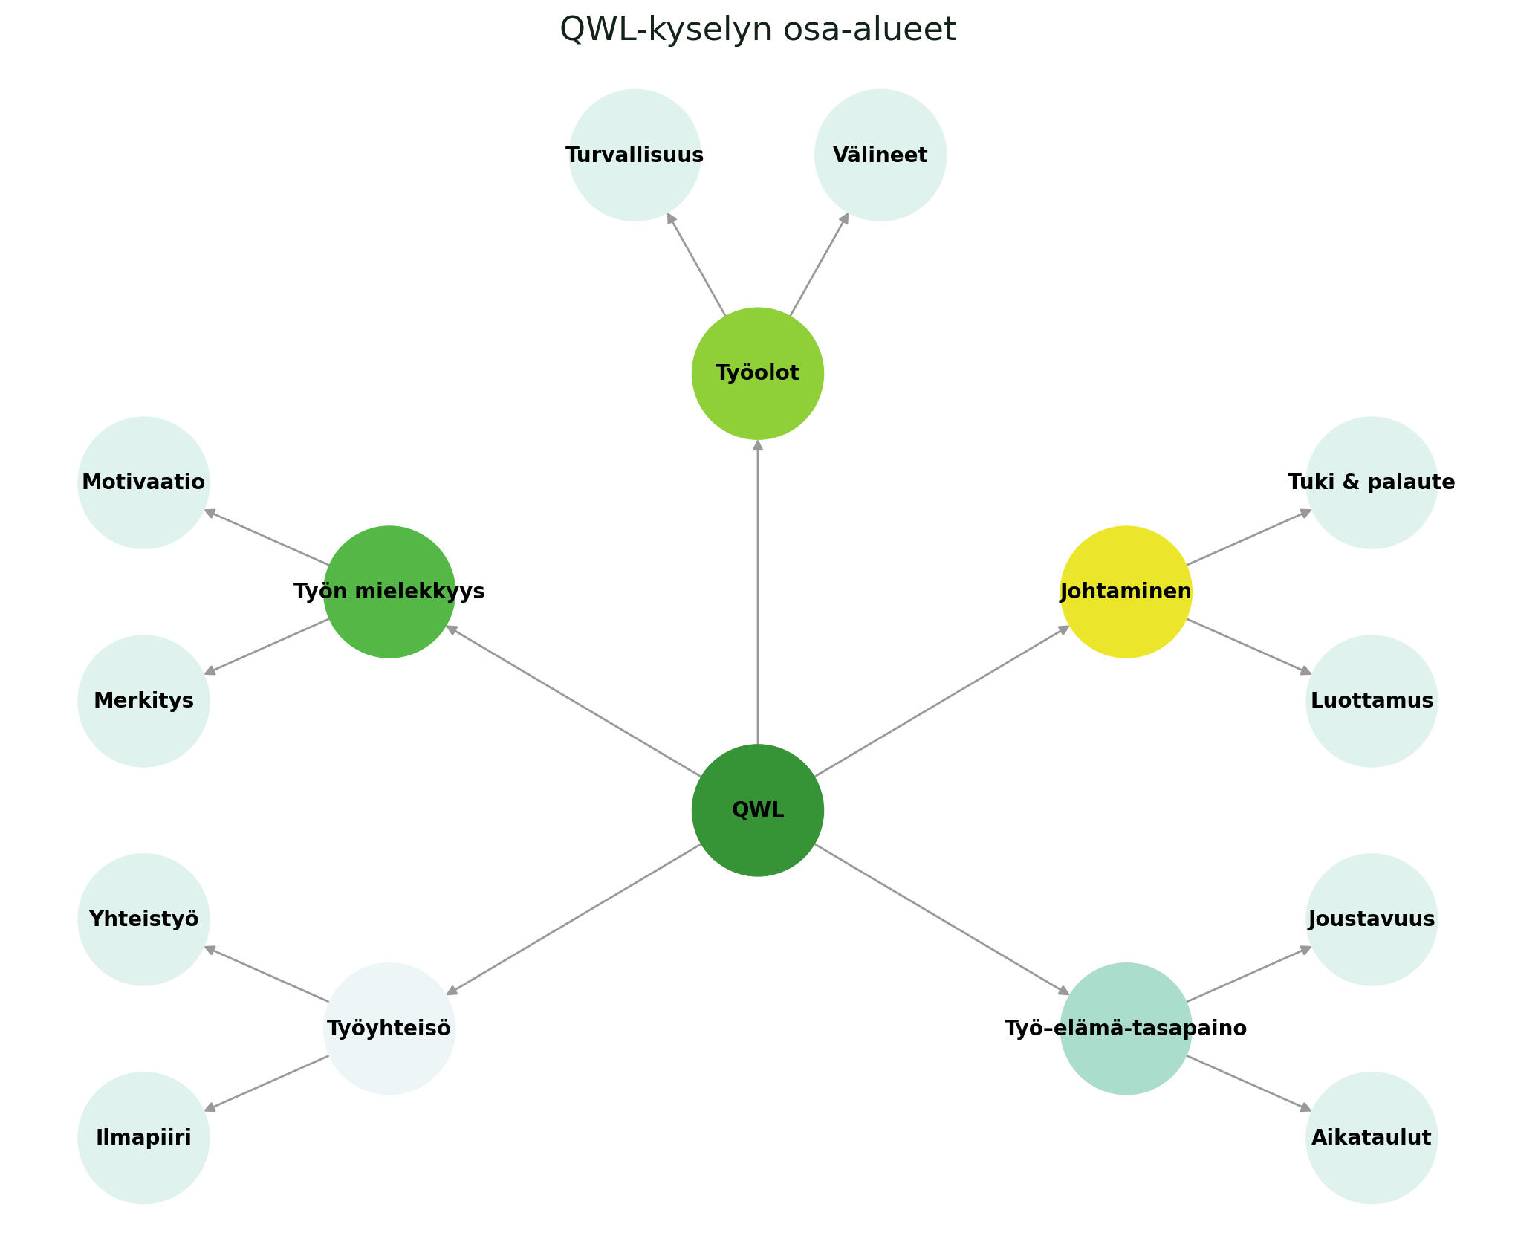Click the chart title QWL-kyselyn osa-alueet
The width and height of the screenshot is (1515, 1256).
(x=757, y=30)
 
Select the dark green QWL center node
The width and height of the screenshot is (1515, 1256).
(x=757, y=810)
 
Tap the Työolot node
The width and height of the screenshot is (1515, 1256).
(x=757, y=373)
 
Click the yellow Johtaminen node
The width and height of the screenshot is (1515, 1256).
(x=1126, y=592)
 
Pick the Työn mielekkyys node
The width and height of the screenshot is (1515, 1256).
(x=389, y=592)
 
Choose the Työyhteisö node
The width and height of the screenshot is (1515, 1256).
(x=389, y=1029)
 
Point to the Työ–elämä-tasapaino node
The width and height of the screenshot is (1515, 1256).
(x=1126, y=1029)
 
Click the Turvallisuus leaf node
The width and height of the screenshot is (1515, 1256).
(x=635, y=155)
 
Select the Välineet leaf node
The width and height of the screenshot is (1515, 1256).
(x=880, y=155)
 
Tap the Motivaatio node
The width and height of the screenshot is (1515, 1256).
(x=143, y=482)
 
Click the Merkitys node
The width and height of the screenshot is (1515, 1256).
(x=143, y=701)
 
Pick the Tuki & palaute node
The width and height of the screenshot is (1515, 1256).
(x=1372, y=482)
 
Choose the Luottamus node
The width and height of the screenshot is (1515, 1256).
(x=1372, y=701)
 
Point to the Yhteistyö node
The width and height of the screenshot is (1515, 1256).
(x=143, y=919)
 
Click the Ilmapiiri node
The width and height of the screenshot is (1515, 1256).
(x=143, y=1138)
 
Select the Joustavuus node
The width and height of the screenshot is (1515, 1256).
(x=1372, y=919)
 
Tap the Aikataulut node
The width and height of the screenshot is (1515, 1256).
(x=1372, y=1138)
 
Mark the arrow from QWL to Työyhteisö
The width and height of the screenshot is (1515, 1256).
(x=574, y=919)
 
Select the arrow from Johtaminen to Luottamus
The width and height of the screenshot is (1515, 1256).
(x=1248, y=646)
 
